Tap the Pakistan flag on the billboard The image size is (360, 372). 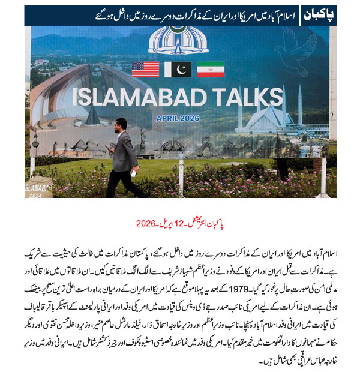pos(178,70)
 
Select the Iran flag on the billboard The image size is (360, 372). pos(211,70)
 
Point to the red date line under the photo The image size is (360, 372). pos(181,223)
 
